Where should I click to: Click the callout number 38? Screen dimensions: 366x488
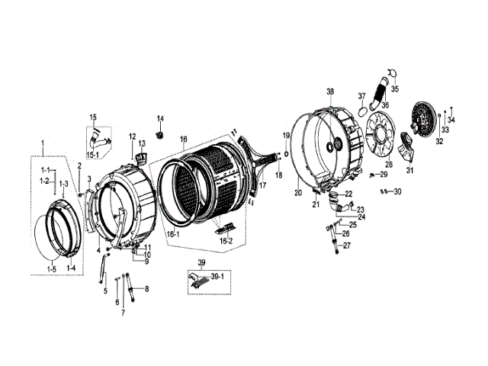click(331, 91)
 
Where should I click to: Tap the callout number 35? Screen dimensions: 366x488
click(394, 89)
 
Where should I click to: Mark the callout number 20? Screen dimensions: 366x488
click(298, 194)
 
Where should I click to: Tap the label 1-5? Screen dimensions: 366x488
click(52, 268)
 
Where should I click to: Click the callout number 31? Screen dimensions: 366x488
click(409, 171)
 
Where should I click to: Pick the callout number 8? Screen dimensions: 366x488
click(146, 289)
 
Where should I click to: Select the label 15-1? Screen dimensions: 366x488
click(93, 155)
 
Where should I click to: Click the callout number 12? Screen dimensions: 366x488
click(132, 137)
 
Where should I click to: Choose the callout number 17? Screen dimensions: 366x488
click(262, 185)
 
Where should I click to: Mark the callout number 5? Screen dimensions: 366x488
click(105, 291)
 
